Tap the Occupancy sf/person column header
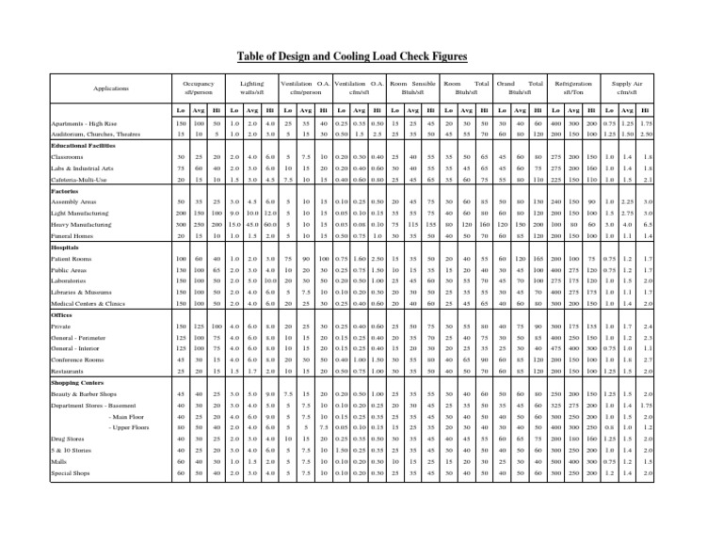point(200,89)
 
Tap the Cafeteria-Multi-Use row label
point(86,179)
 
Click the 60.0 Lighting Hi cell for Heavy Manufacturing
point(271,223)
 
